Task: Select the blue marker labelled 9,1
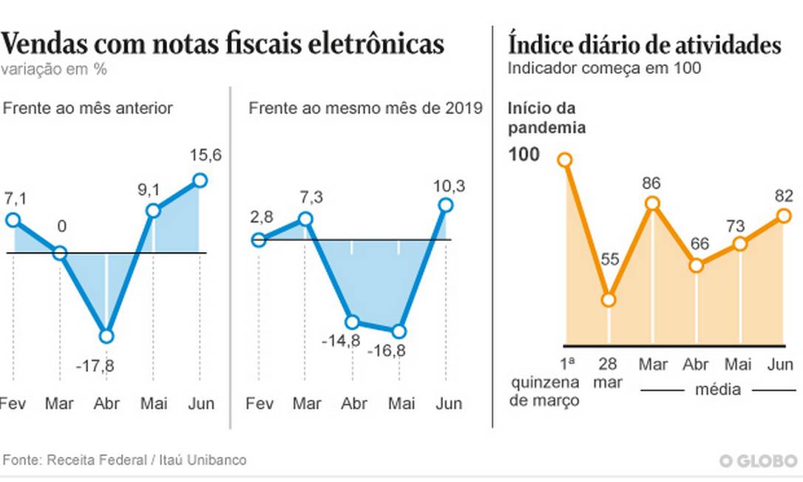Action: (153, 211)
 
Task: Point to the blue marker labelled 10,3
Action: (445, 205)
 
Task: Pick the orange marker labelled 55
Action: (609, 299)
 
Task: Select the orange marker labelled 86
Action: (652, 203)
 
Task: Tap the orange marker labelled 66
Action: (696, 265)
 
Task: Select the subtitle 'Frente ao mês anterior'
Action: (88, 108)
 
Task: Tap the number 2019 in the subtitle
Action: (464, 108)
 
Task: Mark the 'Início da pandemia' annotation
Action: (546, 118)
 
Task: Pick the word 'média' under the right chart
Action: (716, 390)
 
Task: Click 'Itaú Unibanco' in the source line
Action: (203, 460)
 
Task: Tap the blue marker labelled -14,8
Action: (352, 322)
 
